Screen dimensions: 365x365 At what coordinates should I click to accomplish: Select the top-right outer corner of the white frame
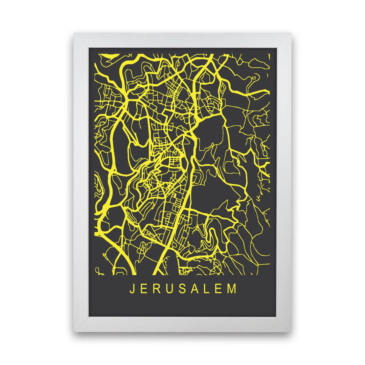coord(291,33)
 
